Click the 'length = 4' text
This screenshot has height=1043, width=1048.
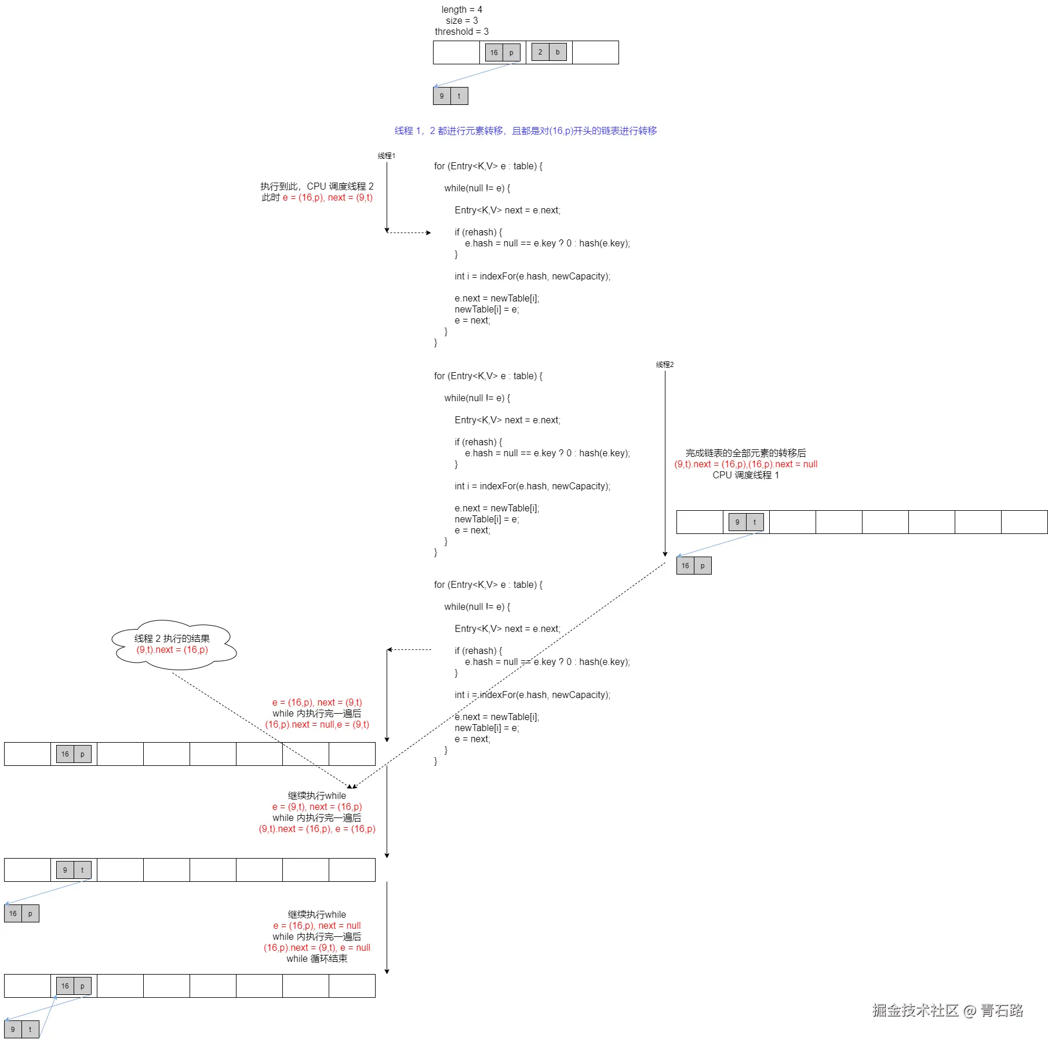click(x=461, y=9)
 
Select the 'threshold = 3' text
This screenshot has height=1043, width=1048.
click(x=461, y=31)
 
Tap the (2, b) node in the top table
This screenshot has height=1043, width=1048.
click(x=548, y=52)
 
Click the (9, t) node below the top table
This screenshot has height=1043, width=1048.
click(x=450, y=96)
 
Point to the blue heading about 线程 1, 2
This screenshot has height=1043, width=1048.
click(x=525, y=131)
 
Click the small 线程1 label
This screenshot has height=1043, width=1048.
click(x=386, y=155)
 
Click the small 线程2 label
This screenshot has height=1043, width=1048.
click(x=664, y=365)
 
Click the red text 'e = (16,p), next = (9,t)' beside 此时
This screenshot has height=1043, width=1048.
click(x=327, y=198)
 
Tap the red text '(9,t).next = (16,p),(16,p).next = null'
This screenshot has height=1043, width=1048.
click(x=745, y=464)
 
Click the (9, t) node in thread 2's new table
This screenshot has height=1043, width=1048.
click(x=745, y=522)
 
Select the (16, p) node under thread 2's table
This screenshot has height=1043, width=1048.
click(x=693, y=565)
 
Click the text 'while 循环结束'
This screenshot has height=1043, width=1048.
click(x=316, y=958)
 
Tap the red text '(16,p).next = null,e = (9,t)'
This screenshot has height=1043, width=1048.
click(x=317, y=724)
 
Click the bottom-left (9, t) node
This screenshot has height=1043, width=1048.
click(x=21, y=1029)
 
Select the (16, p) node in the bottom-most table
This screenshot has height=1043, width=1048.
click(x=74, y=986)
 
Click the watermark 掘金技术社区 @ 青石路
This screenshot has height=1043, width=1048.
click(x=947, y=1011)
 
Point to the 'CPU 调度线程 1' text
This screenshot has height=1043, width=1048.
click(x=745, y=475)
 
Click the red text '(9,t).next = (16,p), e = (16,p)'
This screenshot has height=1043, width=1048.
click(x=317, y=828)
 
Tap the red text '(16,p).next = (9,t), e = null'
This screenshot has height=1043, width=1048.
click(x=317, y=947)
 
